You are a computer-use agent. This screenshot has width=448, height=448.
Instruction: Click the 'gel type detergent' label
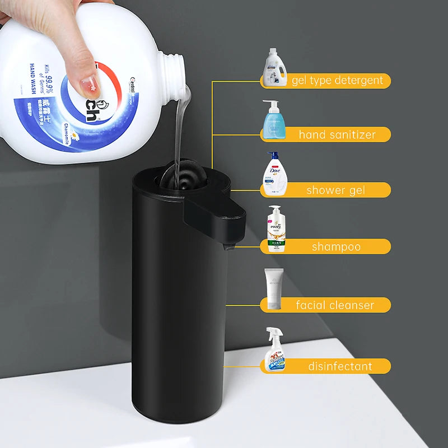[x=337, y=81]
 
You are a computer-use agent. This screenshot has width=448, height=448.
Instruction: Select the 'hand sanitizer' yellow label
[x=337, y=134]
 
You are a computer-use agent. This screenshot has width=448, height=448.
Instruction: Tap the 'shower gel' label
[x=335, y=190]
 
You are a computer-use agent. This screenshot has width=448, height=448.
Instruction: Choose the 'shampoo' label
[x=336, y=247]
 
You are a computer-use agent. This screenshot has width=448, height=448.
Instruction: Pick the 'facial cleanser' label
[x=335, y=305]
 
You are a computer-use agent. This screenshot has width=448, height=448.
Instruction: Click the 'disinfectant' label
[x=339, y=367]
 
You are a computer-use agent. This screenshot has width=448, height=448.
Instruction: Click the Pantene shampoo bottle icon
[x=276, y=230]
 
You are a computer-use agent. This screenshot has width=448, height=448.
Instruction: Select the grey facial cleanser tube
[x=274, y=289]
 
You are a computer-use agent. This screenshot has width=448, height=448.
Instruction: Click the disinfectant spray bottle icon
[x=276, y=350]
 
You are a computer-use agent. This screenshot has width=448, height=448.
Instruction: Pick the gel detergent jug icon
[x=275, y=68]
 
